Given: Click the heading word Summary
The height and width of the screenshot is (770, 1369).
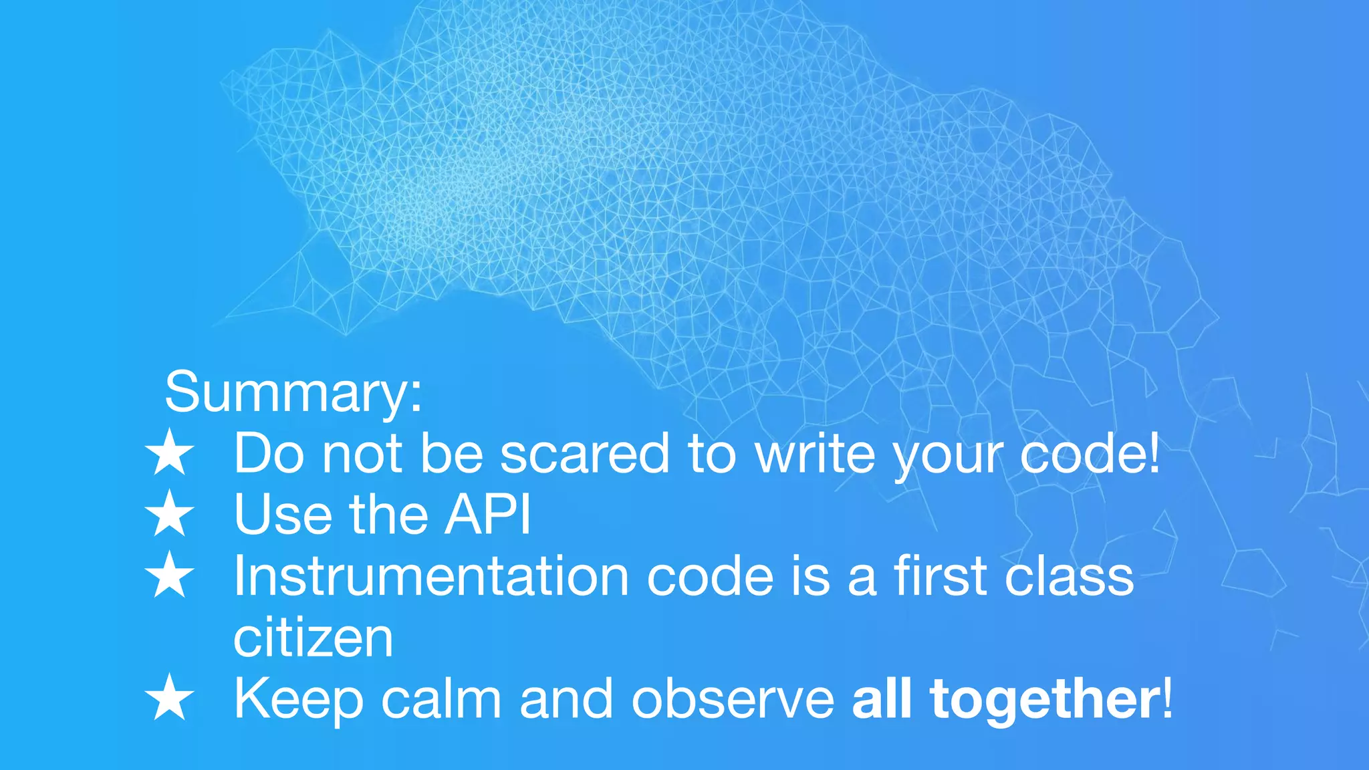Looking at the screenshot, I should point(292,392).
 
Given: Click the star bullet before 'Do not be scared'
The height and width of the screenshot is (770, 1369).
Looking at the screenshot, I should point(170,453).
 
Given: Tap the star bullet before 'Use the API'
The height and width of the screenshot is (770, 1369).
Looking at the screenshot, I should point(170,514).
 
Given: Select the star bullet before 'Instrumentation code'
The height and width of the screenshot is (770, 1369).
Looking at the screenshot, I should point(170,575).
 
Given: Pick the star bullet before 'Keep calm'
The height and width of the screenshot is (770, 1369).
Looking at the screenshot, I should point(170,698).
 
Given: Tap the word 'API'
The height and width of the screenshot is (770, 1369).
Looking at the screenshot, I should point(488,515).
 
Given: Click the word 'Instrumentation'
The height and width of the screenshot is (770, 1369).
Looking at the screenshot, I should point(430,576).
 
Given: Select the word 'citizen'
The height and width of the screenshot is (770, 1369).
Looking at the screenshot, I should point(313,638).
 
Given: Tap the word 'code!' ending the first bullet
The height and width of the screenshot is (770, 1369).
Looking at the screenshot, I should point(1090,454).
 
